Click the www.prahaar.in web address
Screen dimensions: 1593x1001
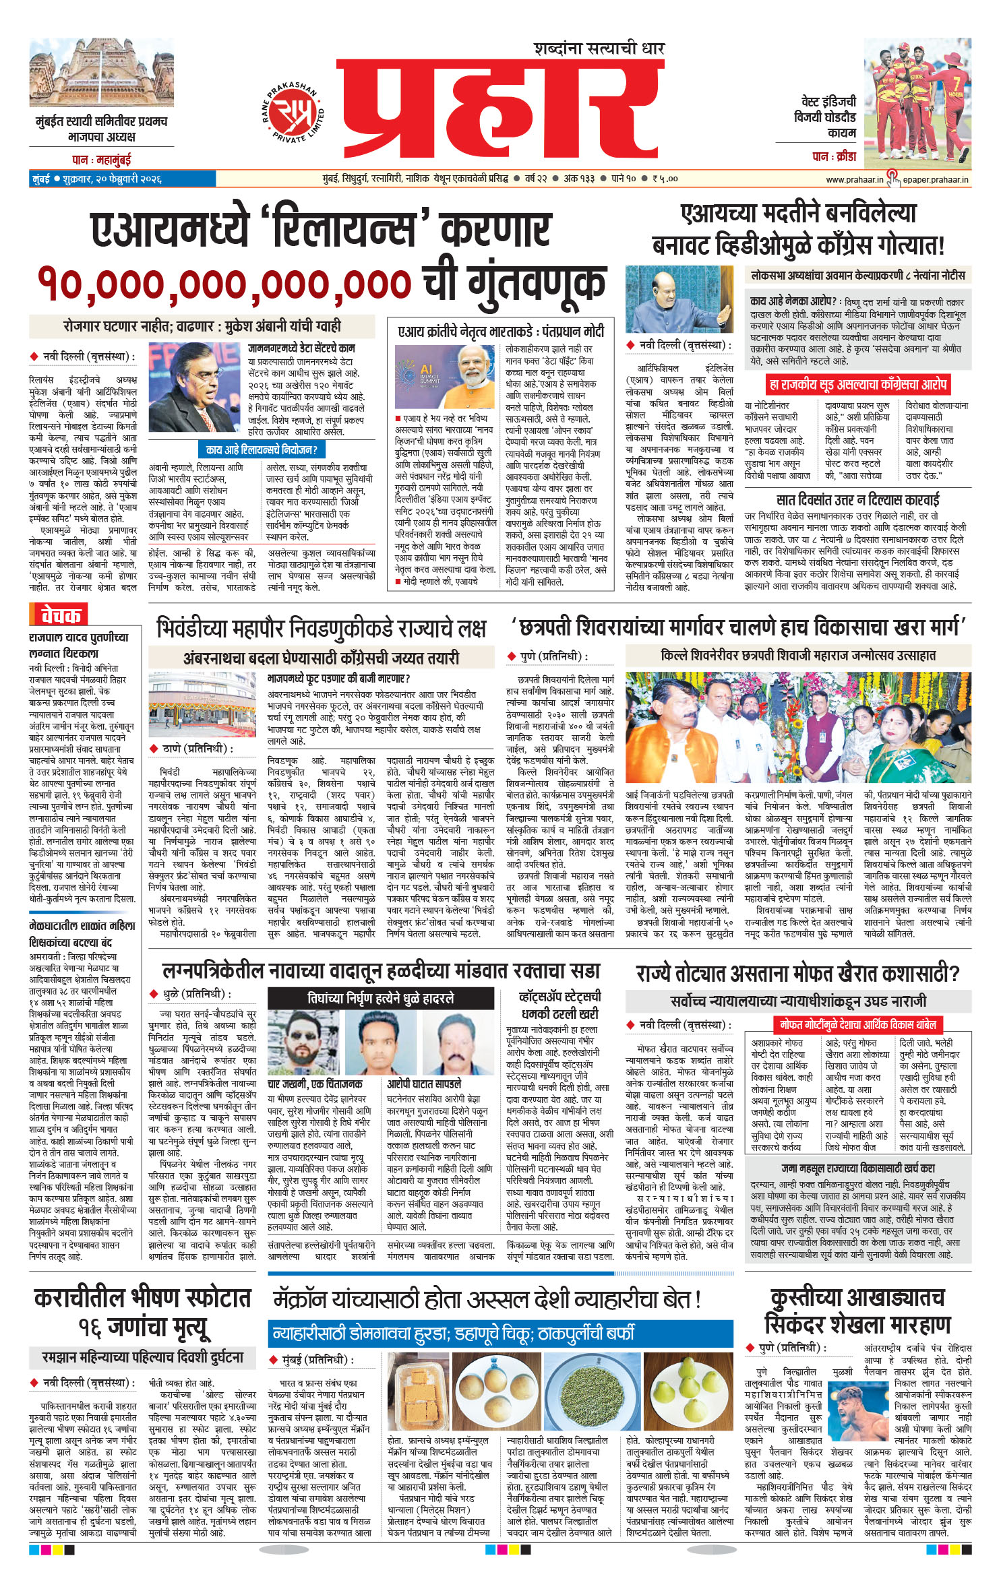854,179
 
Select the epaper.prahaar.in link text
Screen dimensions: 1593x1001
936,179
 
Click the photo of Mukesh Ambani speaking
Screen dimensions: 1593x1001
194,387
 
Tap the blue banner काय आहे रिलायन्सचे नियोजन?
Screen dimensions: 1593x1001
262,449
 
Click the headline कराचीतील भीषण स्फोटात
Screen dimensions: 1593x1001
142,1298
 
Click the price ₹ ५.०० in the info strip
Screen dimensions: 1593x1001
665,179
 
